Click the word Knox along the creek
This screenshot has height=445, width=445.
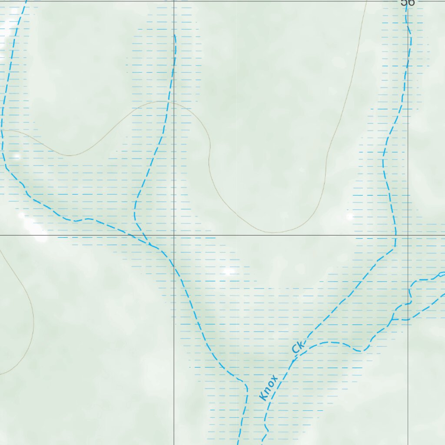pyautogui.click(x=268, y=388)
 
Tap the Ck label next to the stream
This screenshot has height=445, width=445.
pyautogui.click(x=298, y=347)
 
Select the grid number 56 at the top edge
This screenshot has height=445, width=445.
pyautogui.click(x=408, y=3)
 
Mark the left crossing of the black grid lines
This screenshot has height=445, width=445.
pyautogui.click(x=174, y=235)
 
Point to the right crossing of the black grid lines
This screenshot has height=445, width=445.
pyautogui.click(x=408, y=235)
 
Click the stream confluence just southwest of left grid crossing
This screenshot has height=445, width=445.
pyautogui.click(x=150, y=245)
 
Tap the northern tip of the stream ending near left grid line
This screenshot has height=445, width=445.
pyautogui.click(x=175, y=35)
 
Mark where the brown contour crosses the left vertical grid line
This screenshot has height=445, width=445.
pyautogui.click(x=174, y=103)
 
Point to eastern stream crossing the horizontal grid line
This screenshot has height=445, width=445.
pyautogui.click(x=396, y=235)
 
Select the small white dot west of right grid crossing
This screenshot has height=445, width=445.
pyautogui.click(x=350, y=216)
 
